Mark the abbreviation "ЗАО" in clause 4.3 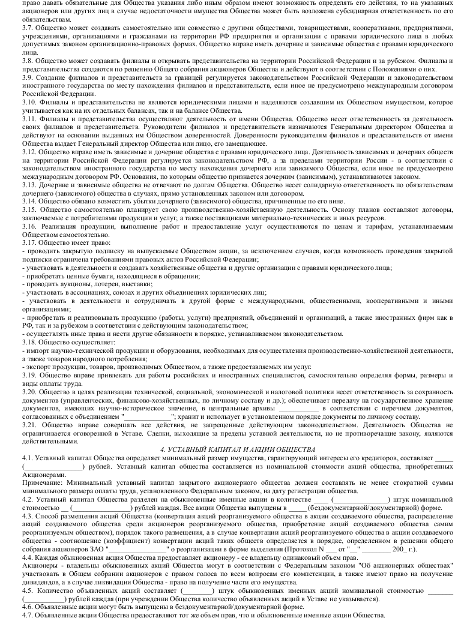click(96, 549)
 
